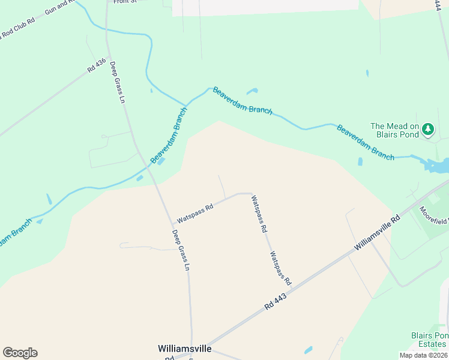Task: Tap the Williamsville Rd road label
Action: coord(376,235)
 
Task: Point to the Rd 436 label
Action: coord(96,65)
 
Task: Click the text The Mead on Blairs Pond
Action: coord(394,130)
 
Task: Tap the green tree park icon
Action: coord(428,129)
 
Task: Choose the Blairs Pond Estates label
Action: coord(429,340)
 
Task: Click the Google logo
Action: coord(20,353)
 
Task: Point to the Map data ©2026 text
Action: coord(423,355)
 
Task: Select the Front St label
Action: coord(125,2)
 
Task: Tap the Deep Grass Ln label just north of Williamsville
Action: coord(181,250)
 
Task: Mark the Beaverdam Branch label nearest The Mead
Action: coord(365,142)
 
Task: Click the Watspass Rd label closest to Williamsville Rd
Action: coord(280,268)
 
